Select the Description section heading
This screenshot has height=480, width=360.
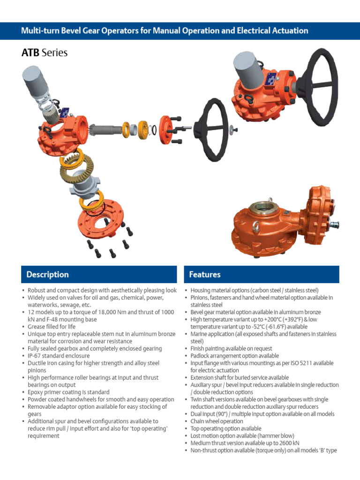(47, 274)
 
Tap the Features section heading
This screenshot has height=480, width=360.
(204, 274)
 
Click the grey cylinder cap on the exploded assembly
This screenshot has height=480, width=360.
(35, 83)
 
